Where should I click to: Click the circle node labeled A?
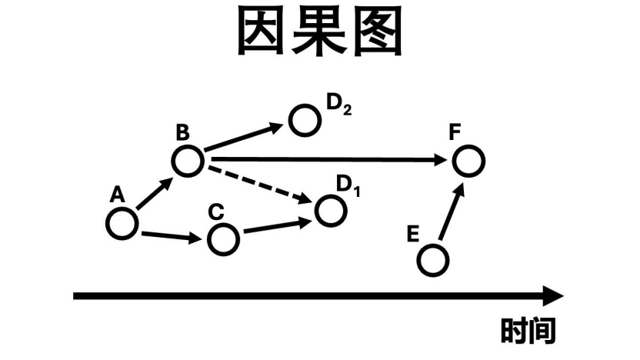pyautogui.click(x=122, y=224)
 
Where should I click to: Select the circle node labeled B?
pyautogui.click(x=187, y=161)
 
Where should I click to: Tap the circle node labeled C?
pyautogui.click(x=223, y=240)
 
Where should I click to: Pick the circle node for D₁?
pyautogui.click(x=330, y=211)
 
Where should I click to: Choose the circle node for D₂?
pyautogui.click(x=305, y=119)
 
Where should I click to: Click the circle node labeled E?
pyautogui.click(x=433, y=260)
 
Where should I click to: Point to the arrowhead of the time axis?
pyautogui.click(x=553, y=295)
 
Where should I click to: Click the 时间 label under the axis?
pyautogui.click(x=528, y=331)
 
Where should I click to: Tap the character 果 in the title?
pyautogui.click(x=319, y=32)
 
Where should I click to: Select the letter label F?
pyautogui.click(x=455, y=132)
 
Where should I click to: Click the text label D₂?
pyautogui.click(x=339, y=104)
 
